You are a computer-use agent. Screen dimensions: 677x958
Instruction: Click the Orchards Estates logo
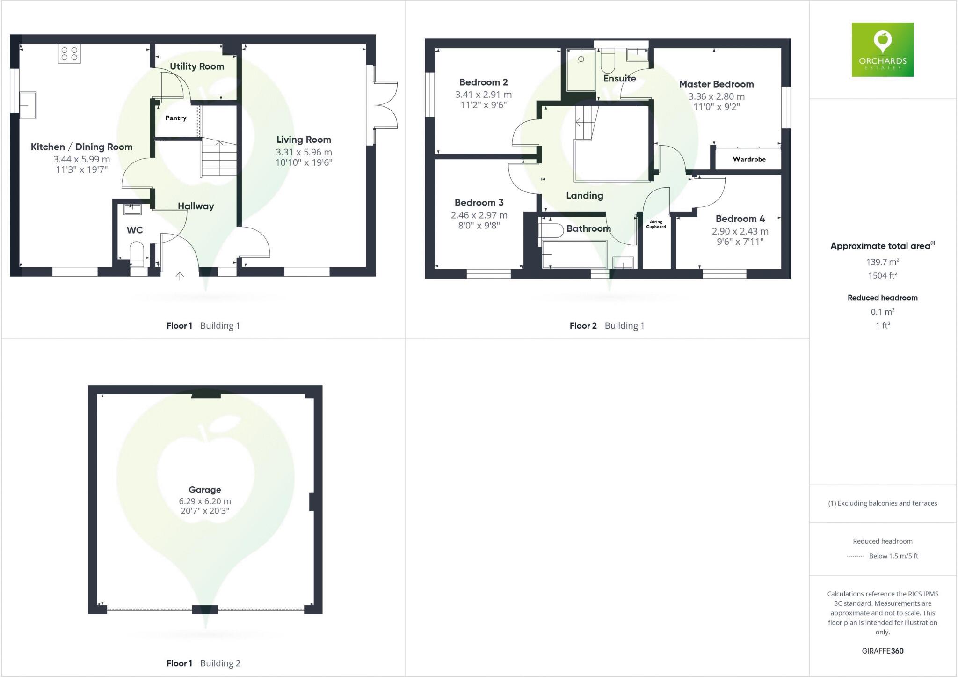point(882,50)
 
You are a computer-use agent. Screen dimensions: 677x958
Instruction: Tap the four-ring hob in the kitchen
point(69,53)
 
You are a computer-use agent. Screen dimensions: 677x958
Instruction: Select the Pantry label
point(176,118)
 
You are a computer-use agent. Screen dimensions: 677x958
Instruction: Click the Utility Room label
point(197,66)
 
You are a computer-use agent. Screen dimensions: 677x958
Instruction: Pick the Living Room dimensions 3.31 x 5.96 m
point(304,152)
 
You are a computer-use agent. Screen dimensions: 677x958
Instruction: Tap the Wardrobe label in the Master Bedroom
point(749,159)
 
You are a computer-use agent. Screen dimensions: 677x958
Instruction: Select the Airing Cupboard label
point(656,224)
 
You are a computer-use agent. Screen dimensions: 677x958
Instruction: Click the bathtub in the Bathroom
point(574,254)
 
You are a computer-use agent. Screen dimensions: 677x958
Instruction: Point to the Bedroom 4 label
point(740,219)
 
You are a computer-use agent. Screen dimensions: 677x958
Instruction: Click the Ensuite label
point(619,79)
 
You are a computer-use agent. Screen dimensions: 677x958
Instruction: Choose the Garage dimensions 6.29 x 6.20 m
point(205,501)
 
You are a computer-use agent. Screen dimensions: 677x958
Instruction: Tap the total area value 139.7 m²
point(882,262)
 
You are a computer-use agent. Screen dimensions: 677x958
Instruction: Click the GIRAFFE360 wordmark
point(882,651)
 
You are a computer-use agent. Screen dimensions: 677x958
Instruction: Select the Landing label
point(584,196)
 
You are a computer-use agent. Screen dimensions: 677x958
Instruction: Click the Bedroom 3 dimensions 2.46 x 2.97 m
point(479,215)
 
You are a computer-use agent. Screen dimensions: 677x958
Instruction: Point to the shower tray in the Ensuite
point(581,70)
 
